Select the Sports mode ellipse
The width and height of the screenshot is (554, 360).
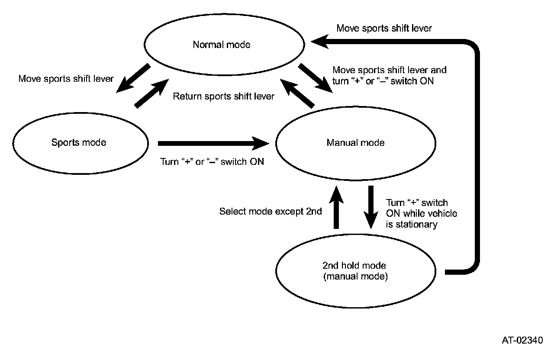coord(79,142)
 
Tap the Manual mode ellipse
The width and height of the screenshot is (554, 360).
coord(355,143)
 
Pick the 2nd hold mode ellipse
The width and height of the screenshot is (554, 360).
coord(355,271)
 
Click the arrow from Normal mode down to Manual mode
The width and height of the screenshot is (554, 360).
coord(316,78)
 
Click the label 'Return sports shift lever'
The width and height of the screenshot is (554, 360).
coord(223,96)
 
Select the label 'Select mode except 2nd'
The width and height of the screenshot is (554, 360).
coord(271,212)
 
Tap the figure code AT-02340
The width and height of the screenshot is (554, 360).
coord(522,340)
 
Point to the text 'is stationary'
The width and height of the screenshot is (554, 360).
coord(411,224)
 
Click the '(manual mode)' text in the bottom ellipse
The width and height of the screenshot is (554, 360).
coord(355,276)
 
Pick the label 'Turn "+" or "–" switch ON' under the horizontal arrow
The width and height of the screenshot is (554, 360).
coord(212,162)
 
